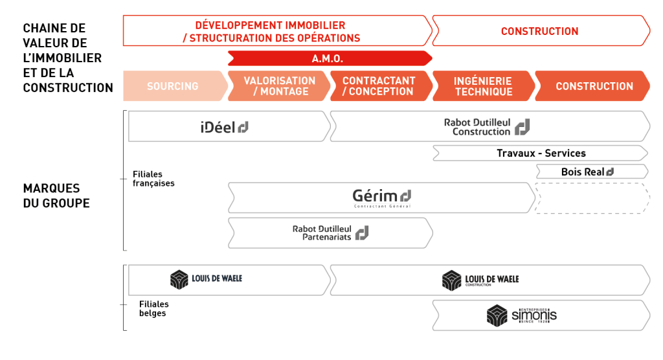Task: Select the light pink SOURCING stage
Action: tap(173, 86)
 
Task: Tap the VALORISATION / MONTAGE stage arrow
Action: tap(279, 86)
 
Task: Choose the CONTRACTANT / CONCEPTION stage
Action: tap(379, 86)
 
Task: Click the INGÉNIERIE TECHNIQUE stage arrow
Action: tap(482, 86)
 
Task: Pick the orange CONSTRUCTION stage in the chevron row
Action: tap(594, 86)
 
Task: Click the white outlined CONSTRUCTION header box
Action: tap(539, 31)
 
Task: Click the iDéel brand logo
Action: tap(225, 127)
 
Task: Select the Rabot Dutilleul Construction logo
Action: tap(486, 127)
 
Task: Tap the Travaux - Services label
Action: tap(541, 153)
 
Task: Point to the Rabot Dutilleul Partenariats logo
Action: tap(330, 232)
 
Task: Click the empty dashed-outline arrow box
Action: tap(591, 198)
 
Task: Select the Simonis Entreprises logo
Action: tap(521, 315)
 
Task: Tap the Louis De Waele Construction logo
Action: tap(480, 280)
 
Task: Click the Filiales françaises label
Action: tap(153, 179)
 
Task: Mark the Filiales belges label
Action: tap(153, 309)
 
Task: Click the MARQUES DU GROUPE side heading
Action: tap(56, 196)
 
